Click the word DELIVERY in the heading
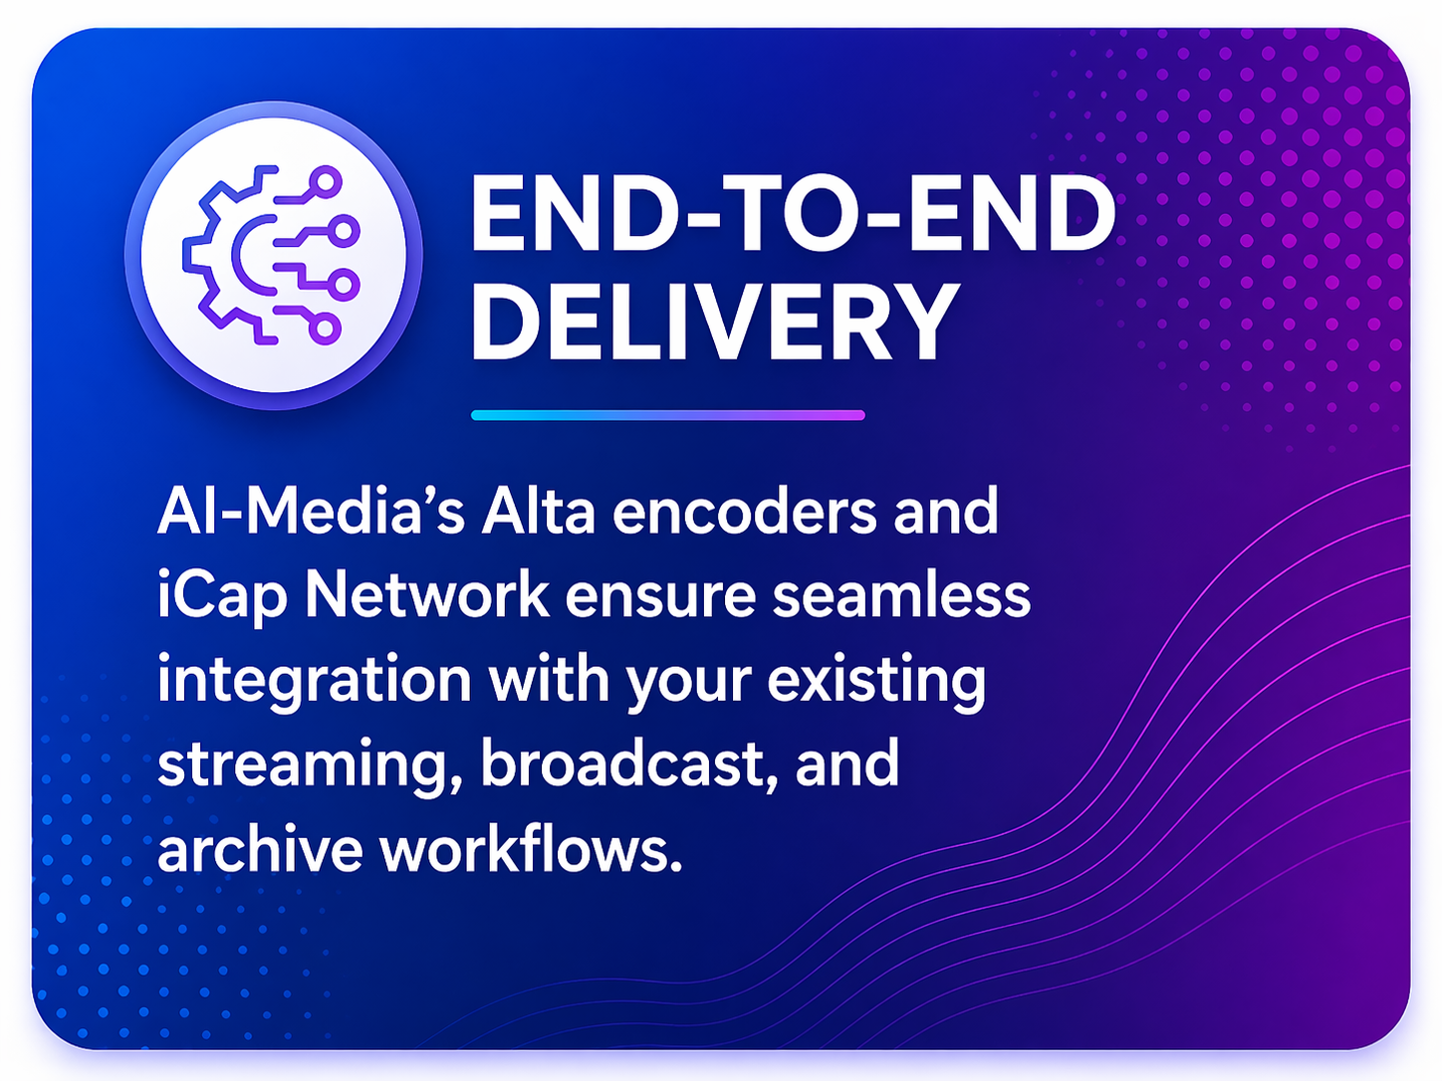(x=713, y=321)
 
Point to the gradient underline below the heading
(x=667, y=415)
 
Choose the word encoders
(x=745, y=512)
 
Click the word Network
(x=427, y=595)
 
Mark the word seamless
(x=901, y=595)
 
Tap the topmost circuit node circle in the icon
(x=325, y=182)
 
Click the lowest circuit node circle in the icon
(x=325, y=327)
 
